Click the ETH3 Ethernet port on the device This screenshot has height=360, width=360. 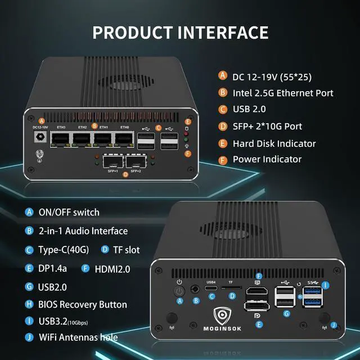(x=60, y=139)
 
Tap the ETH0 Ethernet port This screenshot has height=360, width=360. (x=124, y=139)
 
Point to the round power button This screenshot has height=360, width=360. (x=179, y=291)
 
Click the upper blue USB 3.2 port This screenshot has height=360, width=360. (x=311, y=291)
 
